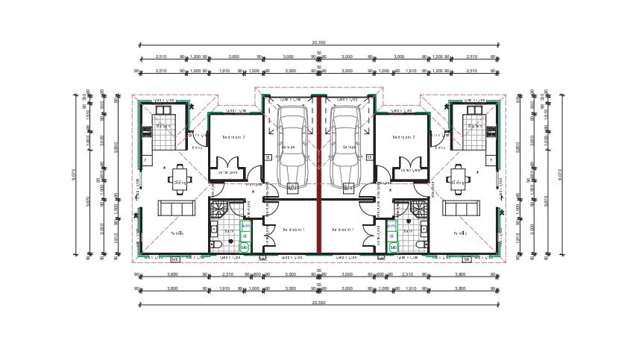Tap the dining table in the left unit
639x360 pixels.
180,180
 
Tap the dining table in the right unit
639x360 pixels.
458,180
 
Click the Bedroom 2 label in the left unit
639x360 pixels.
233,137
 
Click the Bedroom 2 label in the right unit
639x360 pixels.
404,137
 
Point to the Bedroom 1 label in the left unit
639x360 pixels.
292,230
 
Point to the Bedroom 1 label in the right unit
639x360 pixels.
345,230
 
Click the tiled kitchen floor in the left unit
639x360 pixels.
162,127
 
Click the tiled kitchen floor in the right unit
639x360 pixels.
476,127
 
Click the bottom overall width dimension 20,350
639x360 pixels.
319,301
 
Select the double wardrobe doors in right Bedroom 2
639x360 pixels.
410,165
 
